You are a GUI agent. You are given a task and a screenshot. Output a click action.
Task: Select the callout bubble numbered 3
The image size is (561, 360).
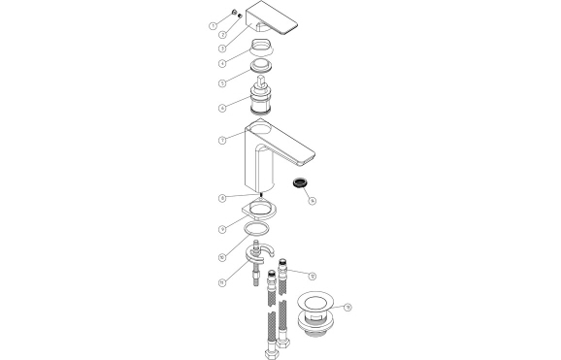(x=222, y=48)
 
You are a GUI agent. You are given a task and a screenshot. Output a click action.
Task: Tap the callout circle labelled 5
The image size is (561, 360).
(x=222, y=82)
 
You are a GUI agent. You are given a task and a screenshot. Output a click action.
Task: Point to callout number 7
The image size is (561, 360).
(x=222, y=141)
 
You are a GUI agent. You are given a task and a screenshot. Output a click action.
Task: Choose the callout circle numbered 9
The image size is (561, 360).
(x=222, y=229)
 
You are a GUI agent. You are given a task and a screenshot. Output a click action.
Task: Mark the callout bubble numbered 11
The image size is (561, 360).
(x=222, y=282)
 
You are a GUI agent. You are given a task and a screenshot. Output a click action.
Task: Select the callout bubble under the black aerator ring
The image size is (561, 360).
(x=312, y=201)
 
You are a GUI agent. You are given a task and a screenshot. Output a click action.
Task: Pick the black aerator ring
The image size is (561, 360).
(x=301, y=181)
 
